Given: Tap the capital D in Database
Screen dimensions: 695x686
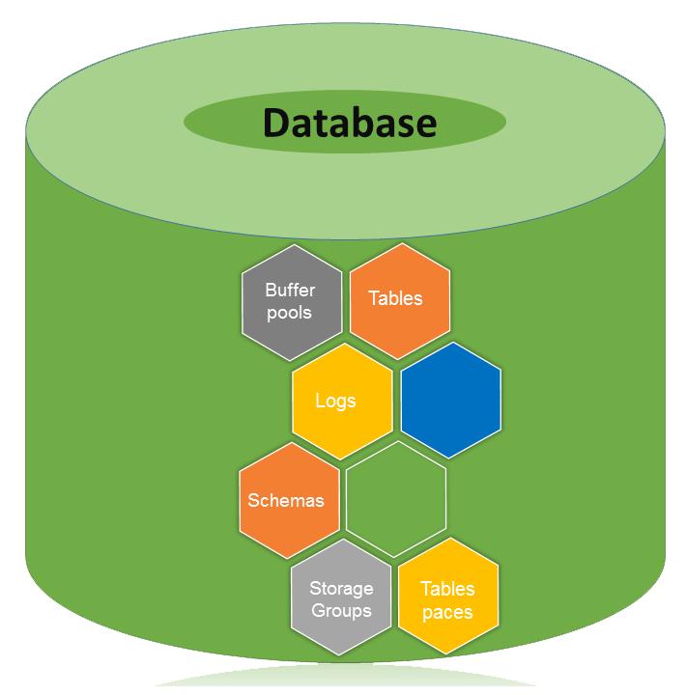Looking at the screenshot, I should (279, 123).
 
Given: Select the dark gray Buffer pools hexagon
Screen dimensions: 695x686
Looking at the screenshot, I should (291, 301).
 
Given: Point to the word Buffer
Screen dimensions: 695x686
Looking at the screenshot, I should (290, 290).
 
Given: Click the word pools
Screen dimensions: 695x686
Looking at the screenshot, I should (290, 312).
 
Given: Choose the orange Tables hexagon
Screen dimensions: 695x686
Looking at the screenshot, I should (396, 299).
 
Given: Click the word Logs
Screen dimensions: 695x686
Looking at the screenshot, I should (335, 400).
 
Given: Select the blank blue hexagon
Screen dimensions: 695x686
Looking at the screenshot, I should (450, 400).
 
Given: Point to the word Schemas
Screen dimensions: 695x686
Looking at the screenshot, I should (286, 500).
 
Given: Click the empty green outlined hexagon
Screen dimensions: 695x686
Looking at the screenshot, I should (396, 499).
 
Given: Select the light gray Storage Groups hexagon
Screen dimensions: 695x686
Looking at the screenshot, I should (341, 599).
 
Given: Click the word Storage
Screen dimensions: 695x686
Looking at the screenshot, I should (341, 588).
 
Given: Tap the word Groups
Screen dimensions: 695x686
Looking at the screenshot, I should (341, 610).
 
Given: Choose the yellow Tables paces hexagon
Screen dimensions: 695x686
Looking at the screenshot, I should (448, 599).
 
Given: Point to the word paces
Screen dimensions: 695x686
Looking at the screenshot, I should (448, 611).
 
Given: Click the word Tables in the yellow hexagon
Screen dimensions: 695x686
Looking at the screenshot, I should (448, 589).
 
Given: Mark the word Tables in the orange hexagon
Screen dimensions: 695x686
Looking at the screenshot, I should (396, 298).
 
